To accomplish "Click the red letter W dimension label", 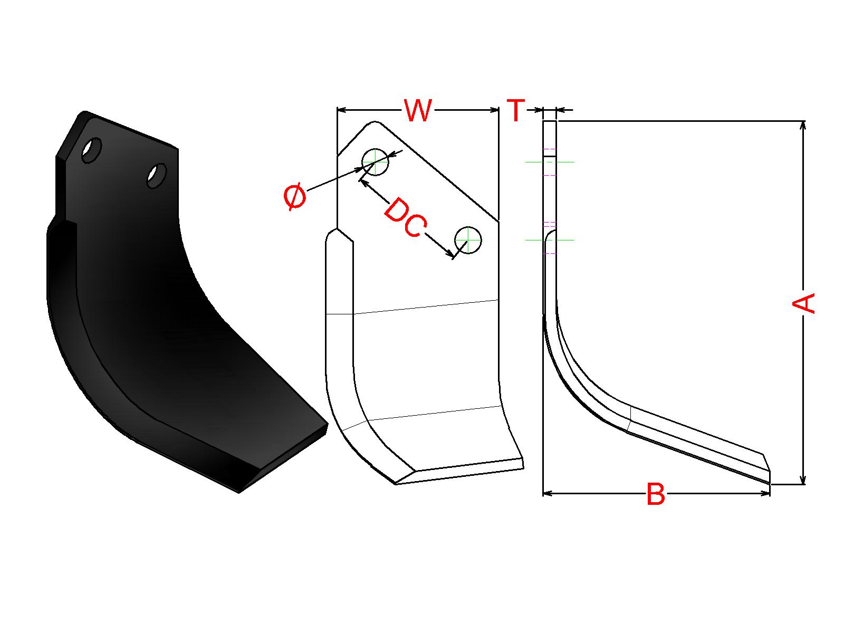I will (418, 110).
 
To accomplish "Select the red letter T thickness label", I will (515, 111).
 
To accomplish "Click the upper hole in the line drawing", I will (375, 161).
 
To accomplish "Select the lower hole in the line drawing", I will (468, 241).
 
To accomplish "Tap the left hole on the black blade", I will (92, 150).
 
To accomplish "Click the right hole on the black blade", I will (157, 175).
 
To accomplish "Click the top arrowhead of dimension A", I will (803, 125).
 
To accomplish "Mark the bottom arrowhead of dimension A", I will (803, 480).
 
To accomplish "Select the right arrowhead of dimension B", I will (766, 493).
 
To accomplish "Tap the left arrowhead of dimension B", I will (547, 493).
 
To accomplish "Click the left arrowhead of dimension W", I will (341, 110).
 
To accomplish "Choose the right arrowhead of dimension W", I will (495, 110).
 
